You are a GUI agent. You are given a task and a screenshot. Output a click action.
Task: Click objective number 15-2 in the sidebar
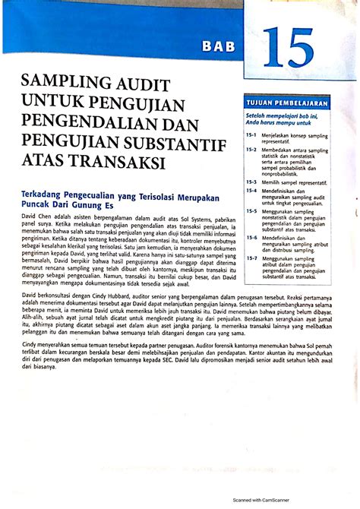pos(251,150)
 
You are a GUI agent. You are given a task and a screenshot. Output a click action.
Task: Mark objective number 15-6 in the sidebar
pos(251,236)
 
